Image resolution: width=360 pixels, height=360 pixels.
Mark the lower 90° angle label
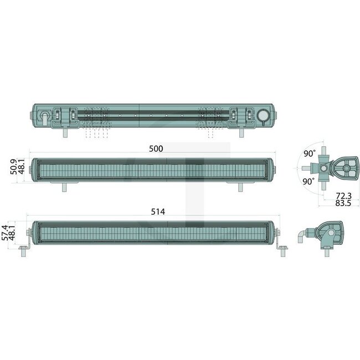click(x=310, y=181)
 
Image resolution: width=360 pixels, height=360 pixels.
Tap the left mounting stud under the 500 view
click(x=65, y=187)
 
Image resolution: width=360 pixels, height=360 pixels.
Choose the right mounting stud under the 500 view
click(x=240, y=187)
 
